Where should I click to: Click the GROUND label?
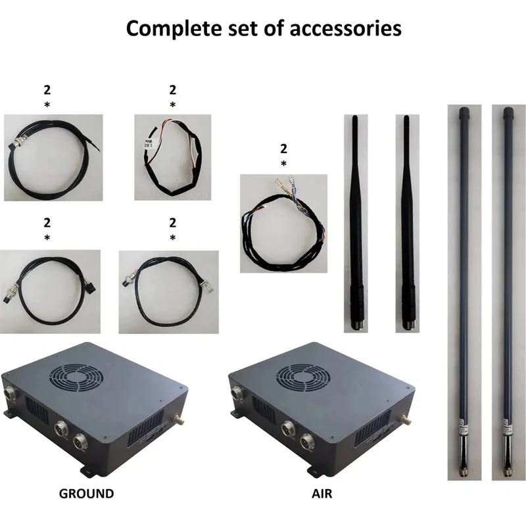86,493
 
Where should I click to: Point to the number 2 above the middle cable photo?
283,149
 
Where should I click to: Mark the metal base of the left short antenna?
357,322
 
